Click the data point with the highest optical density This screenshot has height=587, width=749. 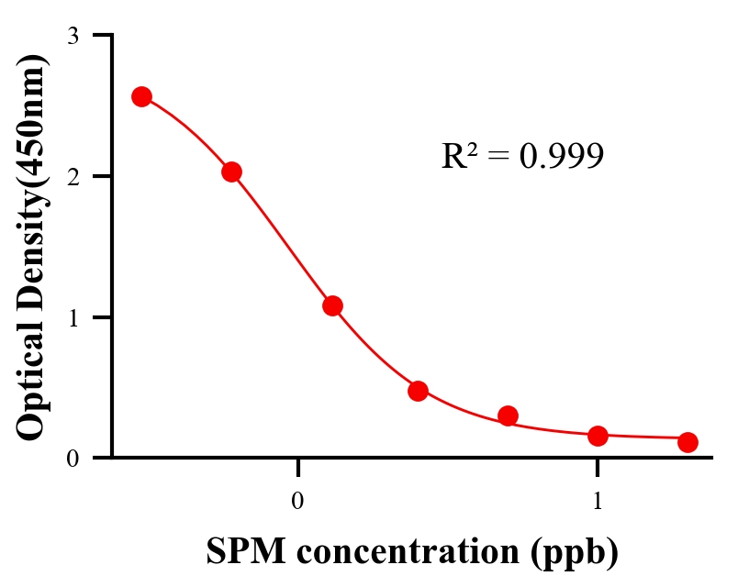click(141, 96)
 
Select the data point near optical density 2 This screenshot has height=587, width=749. click(231, 172)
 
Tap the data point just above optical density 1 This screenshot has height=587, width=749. click(332, 305)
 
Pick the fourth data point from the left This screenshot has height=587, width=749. click(419, 391)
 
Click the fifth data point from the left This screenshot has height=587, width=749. click(509, 415)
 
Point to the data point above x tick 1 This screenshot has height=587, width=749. click(598, 436)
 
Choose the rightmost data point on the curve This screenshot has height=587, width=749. click(688, 442)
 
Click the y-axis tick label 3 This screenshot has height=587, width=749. click(73, 36)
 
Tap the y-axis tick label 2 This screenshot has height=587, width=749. click(73, 176)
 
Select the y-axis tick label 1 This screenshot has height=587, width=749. click(73, 317)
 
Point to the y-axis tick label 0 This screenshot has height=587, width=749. click(73, 458)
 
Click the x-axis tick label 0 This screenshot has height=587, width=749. click(297, 502)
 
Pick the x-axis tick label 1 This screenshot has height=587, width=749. click(598, 502)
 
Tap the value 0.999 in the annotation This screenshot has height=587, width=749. click(561, 156)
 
